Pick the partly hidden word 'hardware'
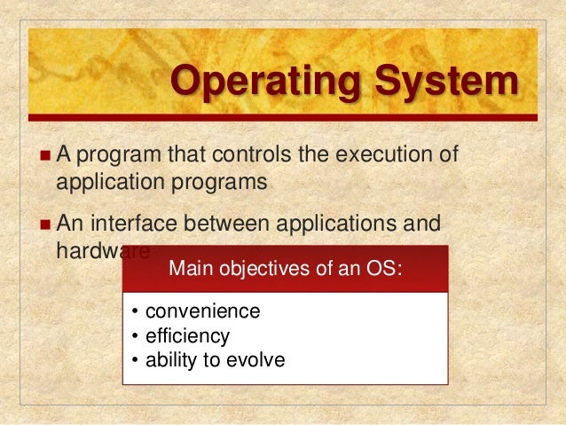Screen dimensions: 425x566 click(89, 250)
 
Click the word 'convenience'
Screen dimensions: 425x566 click(202, 311)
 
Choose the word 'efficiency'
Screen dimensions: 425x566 click(187, 336)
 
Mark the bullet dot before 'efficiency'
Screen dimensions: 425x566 click(134, 336)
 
